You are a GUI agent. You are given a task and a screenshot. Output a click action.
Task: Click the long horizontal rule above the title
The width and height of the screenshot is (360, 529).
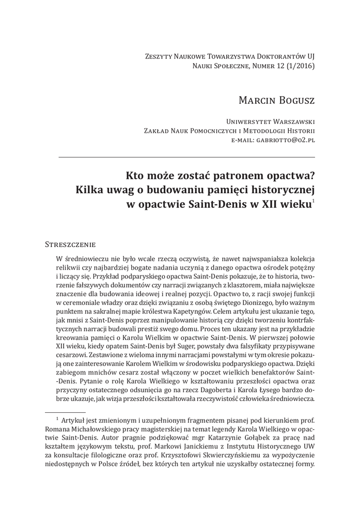point(187,157)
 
